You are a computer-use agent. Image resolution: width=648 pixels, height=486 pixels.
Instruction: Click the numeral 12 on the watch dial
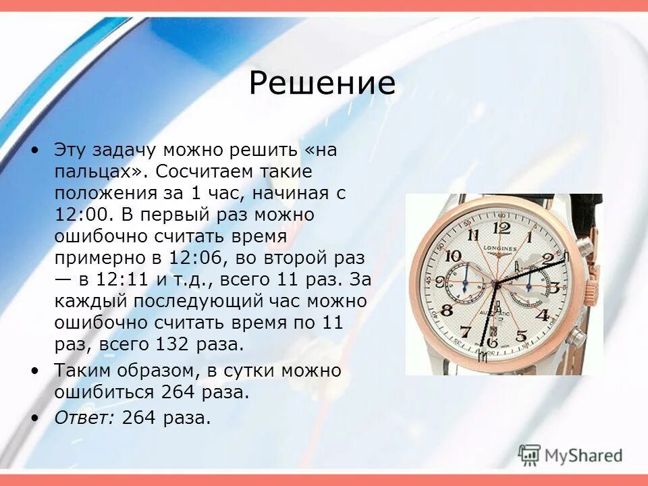click(x=502, y=227)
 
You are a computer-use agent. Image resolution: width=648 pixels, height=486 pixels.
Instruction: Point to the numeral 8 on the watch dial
click(x=446, y=310)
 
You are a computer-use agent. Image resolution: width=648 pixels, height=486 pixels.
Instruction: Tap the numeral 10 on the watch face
click(x=454, y=256)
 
